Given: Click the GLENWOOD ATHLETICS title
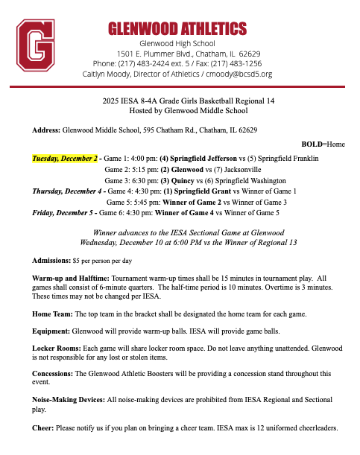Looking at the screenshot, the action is click(x=177, y=29).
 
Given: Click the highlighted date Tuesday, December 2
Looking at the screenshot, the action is click(x=65, y=159).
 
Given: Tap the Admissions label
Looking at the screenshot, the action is click(x=51, y=261).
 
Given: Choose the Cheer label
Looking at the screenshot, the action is click(x=42, y=428).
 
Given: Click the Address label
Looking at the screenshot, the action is click(x=46, y=130).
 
